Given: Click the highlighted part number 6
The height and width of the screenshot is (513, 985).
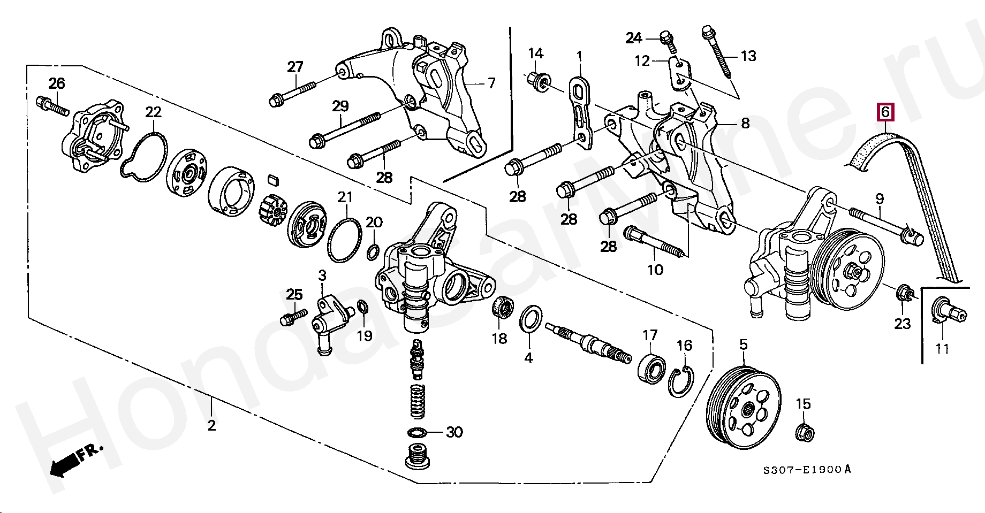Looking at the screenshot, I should point(885,112).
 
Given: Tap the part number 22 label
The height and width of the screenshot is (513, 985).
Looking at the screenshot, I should point(154,112).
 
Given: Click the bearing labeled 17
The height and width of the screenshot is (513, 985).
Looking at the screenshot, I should point(652,367).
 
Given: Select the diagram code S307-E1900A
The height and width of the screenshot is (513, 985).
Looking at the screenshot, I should point(806,470).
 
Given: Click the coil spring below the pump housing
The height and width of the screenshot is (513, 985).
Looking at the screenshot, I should point(418,401).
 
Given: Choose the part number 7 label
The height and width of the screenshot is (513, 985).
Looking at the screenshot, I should point(491,83).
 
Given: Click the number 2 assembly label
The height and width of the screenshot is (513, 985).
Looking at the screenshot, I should point(212,425).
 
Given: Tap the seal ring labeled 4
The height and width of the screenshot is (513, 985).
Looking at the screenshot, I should point(530,319).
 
